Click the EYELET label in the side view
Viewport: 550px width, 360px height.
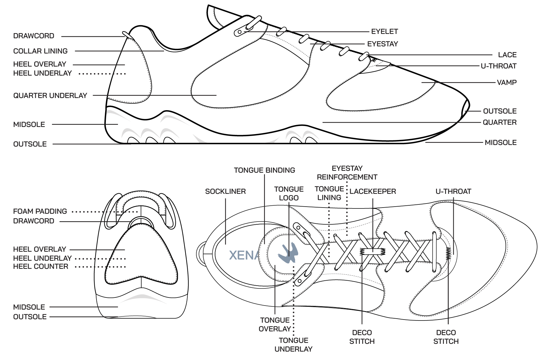pos(384,31)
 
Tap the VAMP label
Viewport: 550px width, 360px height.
pos(507,82)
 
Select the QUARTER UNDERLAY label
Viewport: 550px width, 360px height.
pos(50,96)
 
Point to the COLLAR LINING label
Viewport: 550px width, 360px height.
pos(40,51)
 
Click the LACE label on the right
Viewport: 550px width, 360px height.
pos(507,55)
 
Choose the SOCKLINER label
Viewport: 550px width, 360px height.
pos(225,191)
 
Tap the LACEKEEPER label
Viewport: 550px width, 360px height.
pos(373,191)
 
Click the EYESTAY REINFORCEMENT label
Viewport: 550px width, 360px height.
pos(347,173)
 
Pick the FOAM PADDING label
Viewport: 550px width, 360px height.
pos(40,211)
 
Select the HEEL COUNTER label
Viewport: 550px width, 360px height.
pos(41,266)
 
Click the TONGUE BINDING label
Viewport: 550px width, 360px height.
pos(265,170)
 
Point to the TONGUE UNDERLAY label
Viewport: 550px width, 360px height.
pos(294,344)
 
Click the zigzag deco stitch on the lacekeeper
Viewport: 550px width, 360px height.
pos(373,251)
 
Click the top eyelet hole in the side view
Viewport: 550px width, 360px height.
pos(240,32)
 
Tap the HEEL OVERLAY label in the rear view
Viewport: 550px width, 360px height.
pos(40,249)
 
